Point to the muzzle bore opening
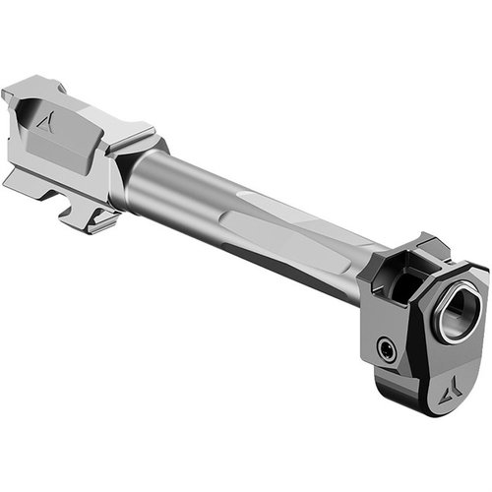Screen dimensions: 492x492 458,314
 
